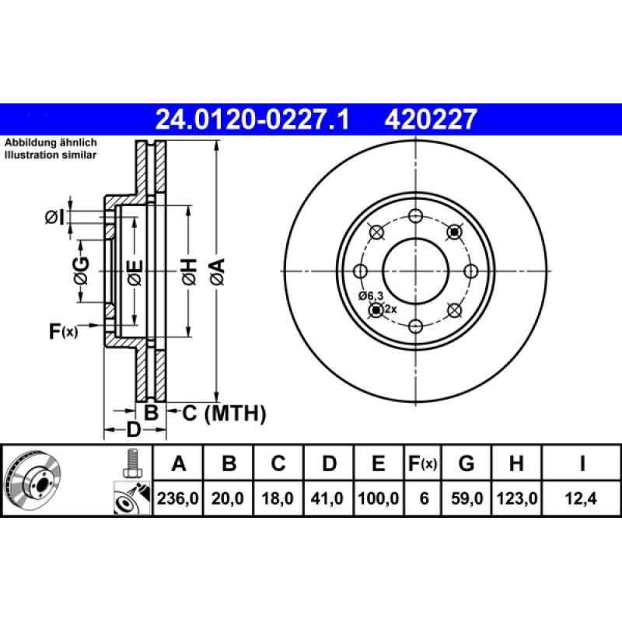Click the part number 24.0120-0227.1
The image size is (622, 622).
coord(253,119)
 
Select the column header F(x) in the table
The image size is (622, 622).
coord(423,464)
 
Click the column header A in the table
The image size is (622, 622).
coord(179,464)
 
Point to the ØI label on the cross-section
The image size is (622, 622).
coord(54,218)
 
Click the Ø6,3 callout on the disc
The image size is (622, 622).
coord(371,296)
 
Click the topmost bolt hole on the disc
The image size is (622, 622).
coord(416,215)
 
